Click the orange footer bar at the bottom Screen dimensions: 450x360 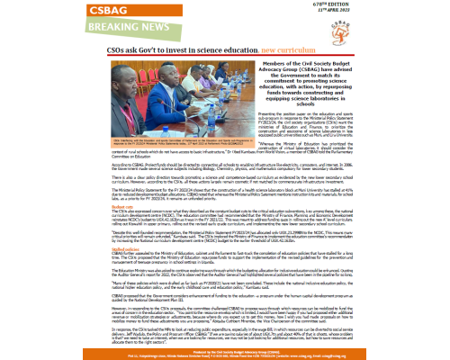(x=225, y=351)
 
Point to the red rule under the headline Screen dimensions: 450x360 (x=225, y=65)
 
